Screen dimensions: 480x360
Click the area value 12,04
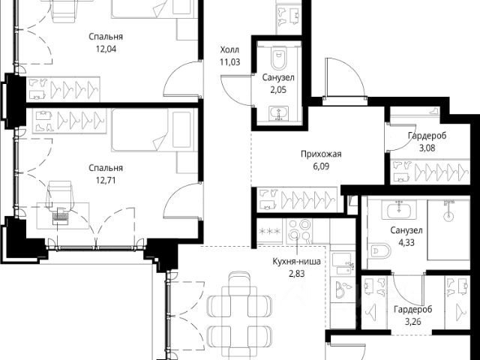(x=106, y=49)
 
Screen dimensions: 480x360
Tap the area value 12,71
(x=106, y=180)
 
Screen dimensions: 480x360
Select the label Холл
(x=229, y=49)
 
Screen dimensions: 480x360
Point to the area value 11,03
(x=229, y=62)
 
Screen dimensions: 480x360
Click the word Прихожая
(x=321, y=154)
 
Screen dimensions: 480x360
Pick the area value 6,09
(x=321, y=166)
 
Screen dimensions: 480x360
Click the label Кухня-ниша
(x=297, y=262)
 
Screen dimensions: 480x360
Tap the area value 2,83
(x=297, y=273)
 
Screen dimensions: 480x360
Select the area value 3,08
(x=427, y=148)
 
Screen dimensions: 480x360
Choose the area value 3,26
(x=413, y=322)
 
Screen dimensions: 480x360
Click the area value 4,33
(x=406, y=243)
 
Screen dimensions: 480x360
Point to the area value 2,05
(x=278, y=90)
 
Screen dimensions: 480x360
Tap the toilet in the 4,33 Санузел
(x=380, y=251)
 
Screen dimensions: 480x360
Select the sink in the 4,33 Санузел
(x=399, y=210)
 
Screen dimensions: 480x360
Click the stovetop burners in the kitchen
(x=299, y=231)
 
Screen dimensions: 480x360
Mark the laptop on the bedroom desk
(x=60, y=216)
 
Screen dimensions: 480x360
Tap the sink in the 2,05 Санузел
(x=278, y=114)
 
